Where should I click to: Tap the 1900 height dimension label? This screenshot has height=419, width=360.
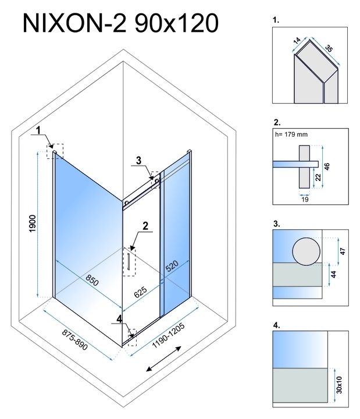(33, 225)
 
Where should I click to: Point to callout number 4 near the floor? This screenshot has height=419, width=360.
(119, 318)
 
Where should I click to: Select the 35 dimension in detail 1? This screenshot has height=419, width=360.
(328, 49)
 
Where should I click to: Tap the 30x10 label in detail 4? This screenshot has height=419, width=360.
(339, 384)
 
